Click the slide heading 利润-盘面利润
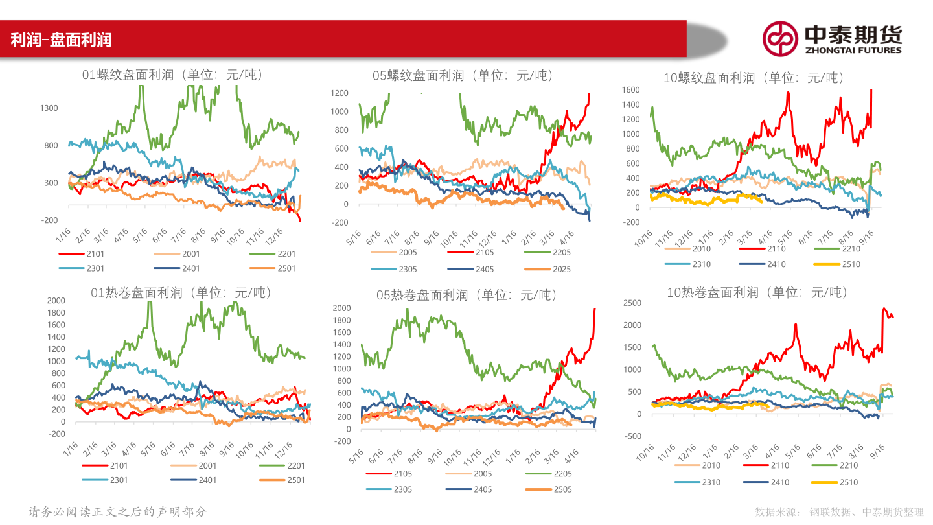62,40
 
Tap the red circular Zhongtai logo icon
779,38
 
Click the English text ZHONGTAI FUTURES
853,50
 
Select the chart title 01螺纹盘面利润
173,75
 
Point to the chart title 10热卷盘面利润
757,293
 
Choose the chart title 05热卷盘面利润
466,296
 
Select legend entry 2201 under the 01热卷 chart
295,465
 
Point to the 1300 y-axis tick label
49,108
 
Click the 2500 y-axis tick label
632,303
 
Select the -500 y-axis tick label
633,436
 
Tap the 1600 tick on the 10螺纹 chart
631,90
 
